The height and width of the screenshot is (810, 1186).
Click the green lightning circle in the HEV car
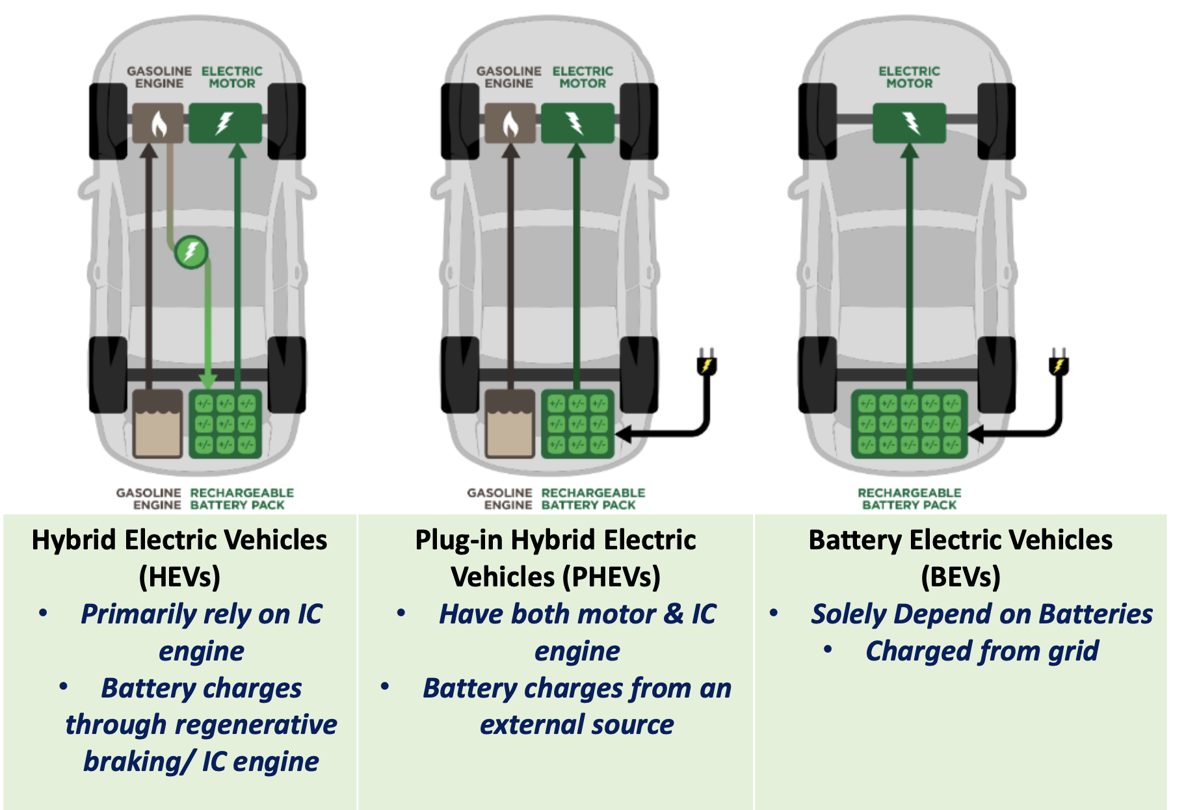coord(191,252)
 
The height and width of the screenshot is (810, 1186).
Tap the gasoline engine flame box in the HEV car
coord(158,123)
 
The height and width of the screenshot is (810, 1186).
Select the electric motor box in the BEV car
coord(909,123)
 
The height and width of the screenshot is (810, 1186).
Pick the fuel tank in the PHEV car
coord(510,423)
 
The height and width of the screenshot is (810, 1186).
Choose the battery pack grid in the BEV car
coord(909,423)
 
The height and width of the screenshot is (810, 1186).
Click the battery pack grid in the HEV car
coord(225,423)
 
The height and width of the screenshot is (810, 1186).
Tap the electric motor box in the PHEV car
coord(577,123)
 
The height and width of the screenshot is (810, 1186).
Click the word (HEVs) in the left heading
coord(179,577)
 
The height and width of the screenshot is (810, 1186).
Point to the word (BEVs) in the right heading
coord(960,577)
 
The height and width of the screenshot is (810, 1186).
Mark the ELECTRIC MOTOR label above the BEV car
coord(909,77)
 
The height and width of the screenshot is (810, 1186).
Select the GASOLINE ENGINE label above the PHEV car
coord(508,77)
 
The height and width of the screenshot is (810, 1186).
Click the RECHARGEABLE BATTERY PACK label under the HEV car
coord(241,499)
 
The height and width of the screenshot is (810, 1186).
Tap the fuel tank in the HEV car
coord(158,423)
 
